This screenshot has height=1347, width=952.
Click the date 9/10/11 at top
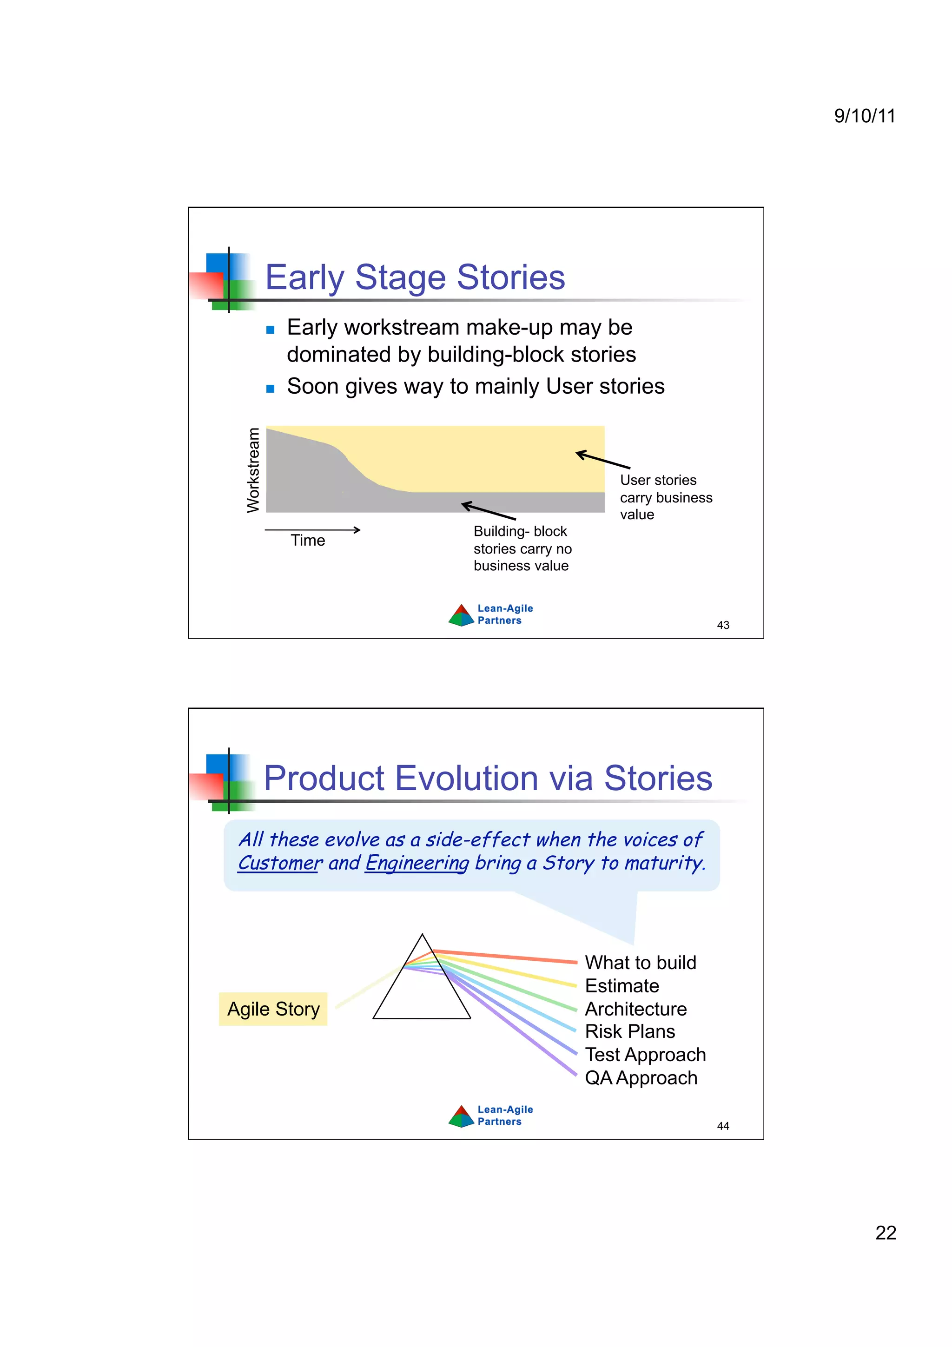coord(864,116)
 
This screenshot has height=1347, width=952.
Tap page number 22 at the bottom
coord(885,1232)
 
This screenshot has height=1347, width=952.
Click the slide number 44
coord(723,1126)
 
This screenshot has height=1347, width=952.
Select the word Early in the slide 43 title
coord(304,277)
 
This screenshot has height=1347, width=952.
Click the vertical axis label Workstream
coord(253,470)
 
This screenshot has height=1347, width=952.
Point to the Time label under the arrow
coord(307,540)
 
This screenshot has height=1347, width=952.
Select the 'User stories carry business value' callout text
coord(665,497)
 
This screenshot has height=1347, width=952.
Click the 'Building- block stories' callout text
coord(522,548)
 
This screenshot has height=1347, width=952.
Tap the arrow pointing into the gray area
coord(488,510)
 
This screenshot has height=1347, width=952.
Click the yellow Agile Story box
coord(273,1009)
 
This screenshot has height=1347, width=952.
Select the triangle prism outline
coord(421,997)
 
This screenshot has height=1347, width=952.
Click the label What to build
coord(640,962)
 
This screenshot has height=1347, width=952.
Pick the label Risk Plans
coord(629,1031)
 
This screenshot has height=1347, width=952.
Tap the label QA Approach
coord(641,1078)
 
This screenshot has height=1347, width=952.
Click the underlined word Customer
coord(280,863)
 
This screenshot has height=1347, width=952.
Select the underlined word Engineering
coord(417,863)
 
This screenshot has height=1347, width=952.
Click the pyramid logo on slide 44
coord(461,1116)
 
